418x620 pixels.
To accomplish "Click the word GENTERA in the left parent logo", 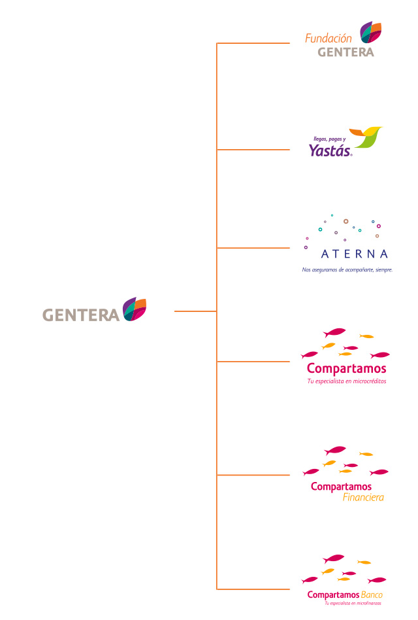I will [81, 315].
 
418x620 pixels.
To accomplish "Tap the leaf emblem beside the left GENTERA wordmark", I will [134, 309].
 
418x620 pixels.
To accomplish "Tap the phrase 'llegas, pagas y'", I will [329, 139].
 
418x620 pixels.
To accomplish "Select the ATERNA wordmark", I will [355, 254].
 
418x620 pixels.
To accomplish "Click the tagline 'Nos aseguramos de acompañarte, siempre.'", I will [347, 269].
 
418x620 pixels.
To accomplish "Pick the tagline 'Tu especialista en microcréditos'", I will [347, 381].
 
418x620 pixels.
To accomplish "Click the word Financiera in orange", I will [363, 498].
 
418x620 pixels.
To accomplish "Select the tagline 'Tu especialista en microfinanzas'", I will [353, 603].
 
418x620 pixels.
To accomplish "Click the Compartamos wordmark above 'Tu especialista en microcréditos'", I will [346, 368].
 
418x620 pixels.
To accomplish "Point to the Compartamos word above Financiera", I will [341, 487].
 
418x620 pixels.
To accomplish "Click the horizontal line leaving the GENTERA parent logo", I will [195, 311].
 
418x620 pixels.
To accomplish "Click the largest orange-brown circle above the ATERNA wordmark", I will [346, 222].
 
